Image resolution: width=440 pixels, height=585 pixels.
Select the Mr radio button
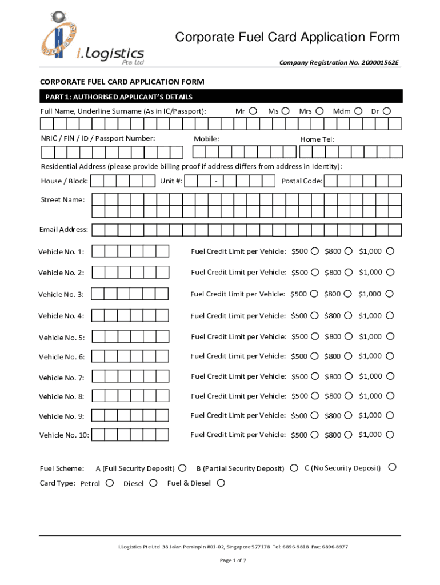pyautogui.click(x=253, y=111)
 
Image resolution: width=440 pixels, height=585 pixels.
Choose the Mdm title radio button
pyautogui.click(x=358, y=111)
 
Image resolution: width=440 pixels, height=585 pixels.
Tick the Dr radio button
pyautogui.click(x=387, y=111)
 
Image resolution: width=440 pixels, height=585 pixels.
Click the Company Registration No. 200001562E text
pyautogui.click(x=339, y=62)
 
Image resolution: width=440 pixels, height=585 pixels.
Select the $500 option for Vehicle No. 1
pyautogui.click(x=315, y=251)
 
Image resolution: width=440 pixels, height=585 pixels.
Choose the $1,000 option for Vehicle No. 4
pyautogui.click(x=390, y=315)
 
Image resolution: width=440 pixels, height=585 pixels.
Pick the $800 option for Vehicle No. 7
pyautogui.click(x=348, y=376)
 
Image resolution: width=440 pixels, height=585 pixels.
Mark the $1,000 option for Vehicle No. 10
pyautogui.click(x=390, y=435)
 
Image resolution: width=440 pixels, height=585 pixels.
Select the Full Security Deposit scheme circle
pyautogui.click(x=182, y=468)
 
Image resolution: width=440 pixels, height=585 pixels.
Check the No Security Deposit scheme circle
pyautogui.click(x=392, y=467)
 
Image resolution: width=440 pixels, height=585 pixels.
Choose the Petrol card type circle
pyautogui.click(x=110, y=483)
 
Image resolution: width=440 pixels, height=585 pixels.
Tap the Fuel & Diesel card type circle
pyautogui.click(x=221, y=483)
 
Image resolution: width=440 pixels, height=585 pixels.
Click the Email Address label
pyautogui.click(x=63, y=230)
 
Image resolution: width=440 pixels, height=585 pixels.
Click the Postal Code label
pyautogui.click(x=302, y=181)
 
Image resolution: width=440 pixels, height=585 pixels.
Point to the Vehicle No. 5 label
pyautogui.click(x=61, y=338)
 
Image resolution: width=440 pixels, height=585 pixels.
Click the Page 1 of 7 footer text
pyautogui.click(x=233, y=560)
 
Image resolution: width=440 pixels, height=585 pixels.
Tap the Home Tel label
pyautogui.click(x=317, y=139)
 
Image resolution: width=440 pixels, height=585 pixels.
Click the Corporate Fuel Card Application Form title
pyautogui.click(x=287, y=38)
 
